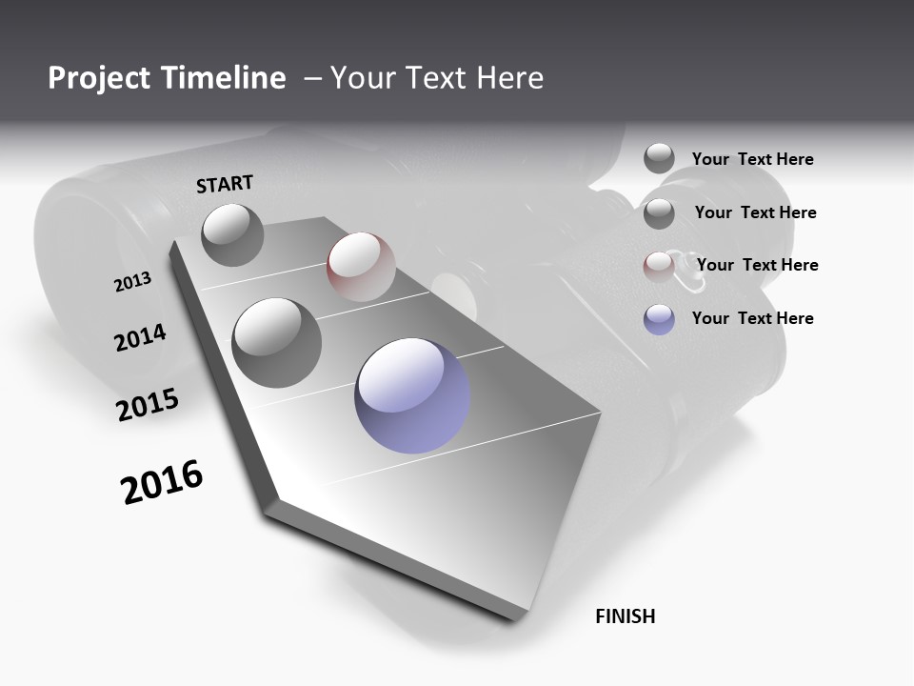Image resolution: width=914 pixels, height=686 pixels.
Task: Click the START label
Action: point(225,184)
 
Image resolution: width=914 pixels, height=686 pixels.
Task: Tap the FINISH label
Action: point(625,616)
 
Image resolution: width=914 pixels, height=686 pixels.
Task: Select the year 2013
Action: point(132,282)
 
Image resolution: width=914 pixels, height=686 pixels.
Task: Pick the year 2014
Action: point(140,337)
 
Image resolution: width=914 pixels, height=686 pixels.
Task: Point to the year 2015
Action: point(148,405)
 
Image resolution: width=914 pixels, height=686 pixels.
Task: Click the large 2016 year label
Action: point(162,482)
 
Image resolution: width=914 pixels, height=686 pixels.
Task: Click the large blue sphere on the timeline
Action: point(412,394)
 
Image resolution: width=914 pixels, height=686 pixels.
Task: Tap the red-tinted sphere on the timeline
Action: point(361,266)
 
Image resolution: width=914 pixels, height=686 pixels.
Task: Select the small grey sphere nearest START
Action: point(232,234)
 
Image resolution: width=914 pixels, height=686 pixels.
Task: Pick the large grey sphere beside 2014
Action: point(276,342)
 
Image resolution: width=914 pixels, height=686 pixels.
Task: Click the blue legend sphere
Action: point(659,319)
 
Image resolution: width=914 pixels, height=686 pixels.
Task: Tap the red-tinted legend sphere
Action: point(659,266)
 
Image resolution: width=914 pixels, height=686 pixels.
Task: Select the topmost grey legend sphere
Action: point(659,158)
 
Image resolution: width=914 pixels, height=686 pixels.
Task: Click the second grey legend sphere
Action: point(659,213)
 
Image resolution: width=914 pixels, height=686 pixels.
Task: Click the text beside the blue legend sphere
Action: point(752,318)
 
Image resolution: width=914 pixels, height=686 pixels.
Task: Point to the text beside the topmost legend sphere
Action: point(752,159)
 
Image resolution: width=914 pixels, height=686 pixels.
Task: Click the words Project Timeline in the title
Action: point(167,78)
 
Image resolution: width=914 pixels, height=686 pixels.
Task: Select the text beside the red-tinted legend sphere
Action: point(757,265)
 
